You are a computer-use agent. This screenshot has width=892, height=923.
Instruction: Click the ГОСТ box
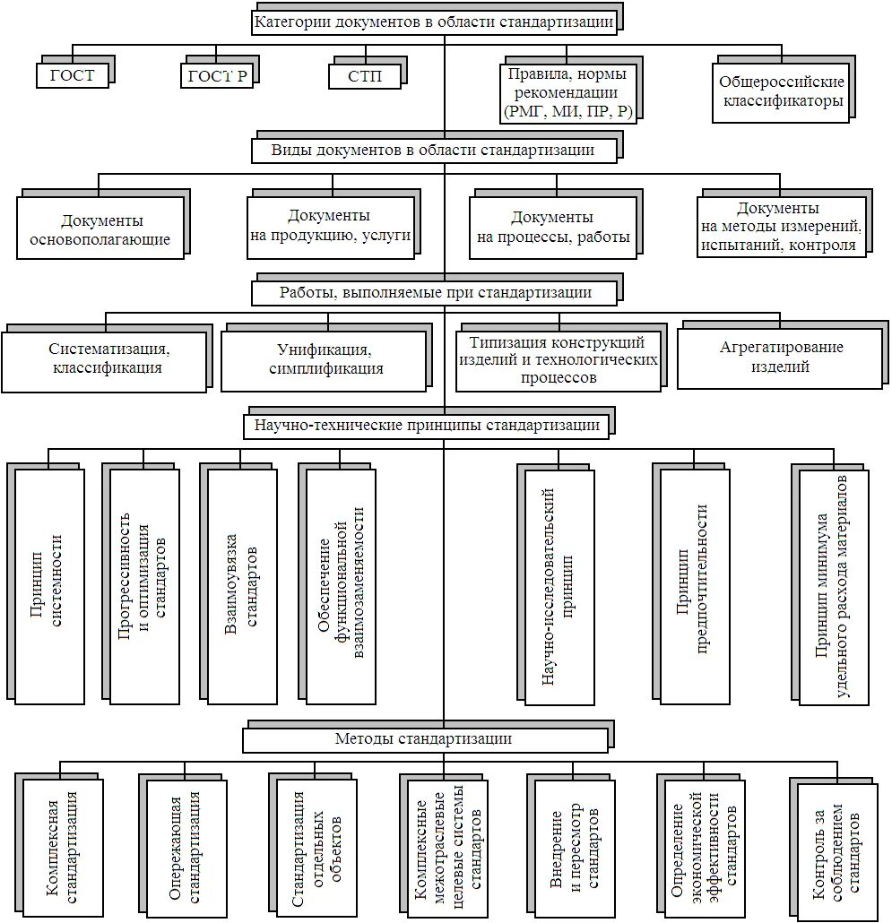point(73,75)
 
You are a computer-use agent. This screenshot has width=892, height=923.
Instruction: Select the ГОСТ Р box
point(218,75)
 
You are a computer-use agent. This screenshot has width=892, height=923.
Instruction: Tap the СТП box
point(365,76)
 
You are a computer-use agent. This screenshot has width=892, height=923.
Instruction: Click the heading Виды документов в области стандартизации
point(434,150)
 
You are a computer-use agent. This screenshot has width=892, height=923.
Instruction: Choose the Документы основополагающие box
point(101,229)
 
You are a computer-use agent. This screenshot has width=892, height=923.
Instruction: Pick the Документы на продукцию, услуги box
point(330,226)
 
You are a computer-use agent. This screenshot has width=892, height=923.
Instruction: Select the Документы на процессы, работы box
point(552,228)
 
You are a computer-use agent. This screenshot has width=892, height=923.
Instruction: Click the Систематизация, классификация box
point(106,358)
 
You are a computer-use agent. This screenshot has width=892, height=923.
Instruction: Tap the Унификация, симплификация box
point(325,359)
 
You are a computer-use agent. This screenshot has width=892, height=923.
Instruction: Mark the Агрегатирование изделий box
point(780,358)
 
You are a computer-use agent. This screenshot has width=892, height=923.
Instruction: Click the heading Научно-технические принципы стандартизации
point(428,425)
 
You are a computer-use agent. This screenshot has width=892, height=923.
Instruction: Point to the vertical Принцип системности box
point(49,585)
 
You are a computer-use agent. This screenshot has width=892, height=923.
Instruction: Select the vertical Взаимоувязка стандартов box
point(242,585)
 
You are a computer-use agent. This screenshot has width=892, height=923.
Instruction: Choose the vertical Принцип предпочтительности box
point(695,585)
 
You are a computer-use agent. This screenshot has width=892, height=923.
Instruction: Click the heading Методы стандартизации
point(423,739)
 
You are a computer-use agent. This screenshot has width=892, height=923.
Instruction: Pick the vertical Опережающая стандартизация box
point(186,847)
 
